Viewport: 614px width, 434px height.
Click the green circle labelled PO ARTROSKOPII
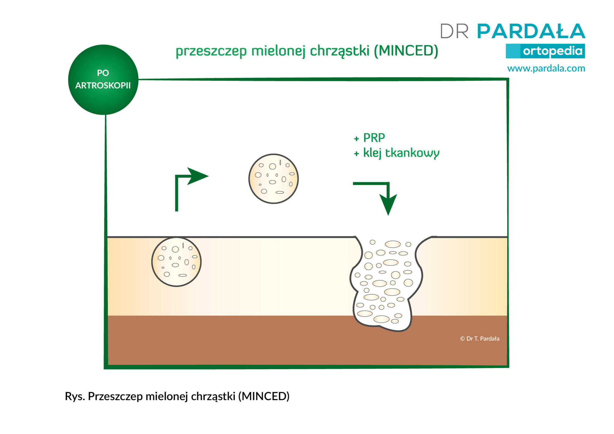103,80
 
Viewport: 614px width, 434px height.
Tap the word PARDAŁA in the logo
531,31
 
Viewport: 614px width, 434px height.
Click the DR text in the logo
454,31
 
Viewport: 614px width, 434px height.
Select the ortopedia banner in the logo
545,51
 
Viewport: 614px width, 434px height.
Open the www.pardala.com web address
546,68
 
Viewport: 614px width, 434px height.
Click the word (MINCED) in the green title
406,51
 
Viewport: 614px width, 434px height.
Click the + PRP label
369,138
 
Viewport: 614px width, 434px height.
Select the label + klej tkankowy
397,153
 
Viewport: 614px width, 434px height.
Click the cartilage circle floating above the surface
273,179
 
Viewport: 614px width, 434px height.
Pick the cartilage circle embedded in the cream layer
176,262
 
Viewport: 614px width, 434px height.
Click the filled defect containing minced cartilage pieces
386,283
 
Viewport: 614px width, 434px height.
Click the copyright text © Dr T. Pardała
480,339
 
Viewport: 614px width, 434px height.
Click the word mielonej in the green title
279,51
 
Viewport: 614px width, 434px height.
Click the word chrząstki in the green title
340,51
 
